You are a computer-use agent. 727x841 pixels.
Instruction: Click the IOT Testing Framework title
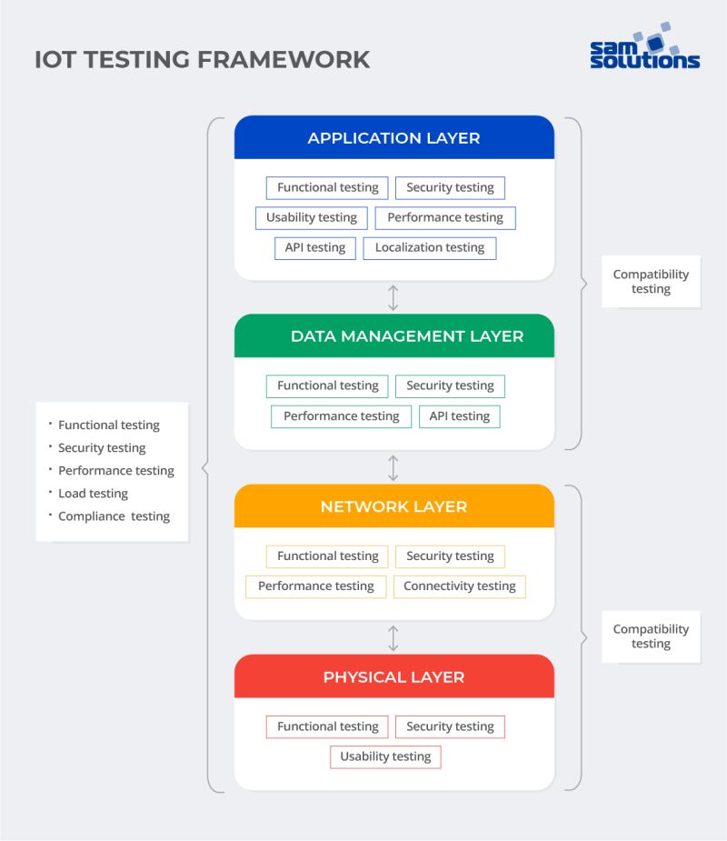[202, 59]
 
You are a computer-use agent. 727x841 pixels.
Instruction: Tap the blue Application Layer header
[393, 138]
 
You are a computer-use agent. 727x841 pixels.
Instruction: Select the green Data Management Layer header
[393, 336]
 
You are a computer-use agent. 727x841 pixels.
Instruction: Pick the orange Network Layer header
[393, 506]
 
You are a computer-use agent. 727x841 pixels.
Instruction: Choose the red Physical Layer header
[393, 677]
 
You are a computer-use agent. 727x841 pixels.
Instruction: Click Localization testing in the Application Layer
[430, 248]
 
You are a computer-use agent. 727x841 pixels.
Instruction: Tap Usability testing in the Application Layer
[312, 218]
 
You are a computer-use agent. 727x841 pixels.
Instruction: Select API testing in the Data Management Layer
[459, 416]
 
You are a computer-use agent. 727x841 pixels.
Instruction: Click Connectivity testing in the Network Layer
[459, 586]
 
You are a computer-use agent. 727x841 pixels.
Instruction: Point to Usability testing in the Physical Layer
[385, 756]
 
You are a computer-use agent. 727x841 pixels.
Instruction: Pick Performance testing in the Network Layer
[315, 586]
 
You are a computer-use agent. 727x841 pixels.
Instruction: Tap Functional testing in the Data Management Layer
[327, 386]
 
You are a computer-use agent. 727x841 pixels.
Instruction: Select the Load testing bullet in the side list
[93, 494]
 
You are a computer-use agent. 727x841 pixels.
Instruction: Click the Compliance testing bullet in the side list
[114, 516]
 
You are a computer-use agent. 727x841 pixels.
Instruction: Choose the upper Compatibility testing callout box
[651, 282]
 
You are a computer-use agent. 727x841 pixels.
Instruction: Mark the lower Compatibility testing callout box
[651, 636]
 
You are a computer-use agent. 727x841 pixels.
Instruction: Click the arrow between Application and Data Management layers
[393, 297]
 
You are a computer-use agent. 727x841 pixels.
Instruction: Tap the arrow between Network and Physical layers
[393, 637]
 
